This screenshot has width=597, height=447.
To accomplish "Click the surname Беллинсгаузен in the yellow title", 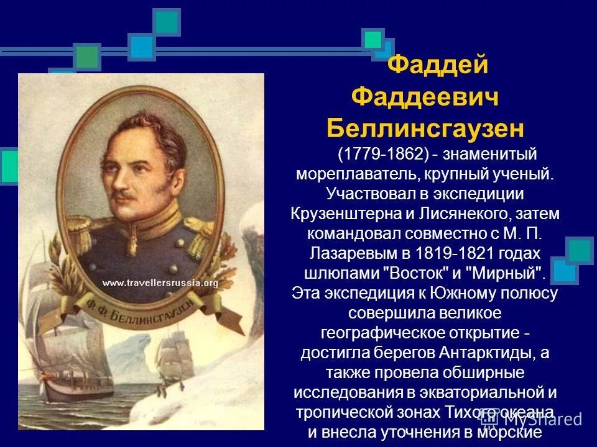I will click(x=425, y=129).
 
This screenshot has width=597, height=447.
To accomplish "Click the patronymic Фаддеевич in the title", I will click(x=425, y=96).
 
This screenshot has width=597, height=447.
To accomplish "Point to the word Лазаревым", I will click(x=342, y=253).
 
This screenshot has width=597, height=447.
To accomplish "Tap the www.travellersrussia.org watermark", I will click(x=160, y=283).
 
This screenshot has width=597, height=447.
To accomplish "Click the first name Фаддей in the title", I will click(x=437, y=65).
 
